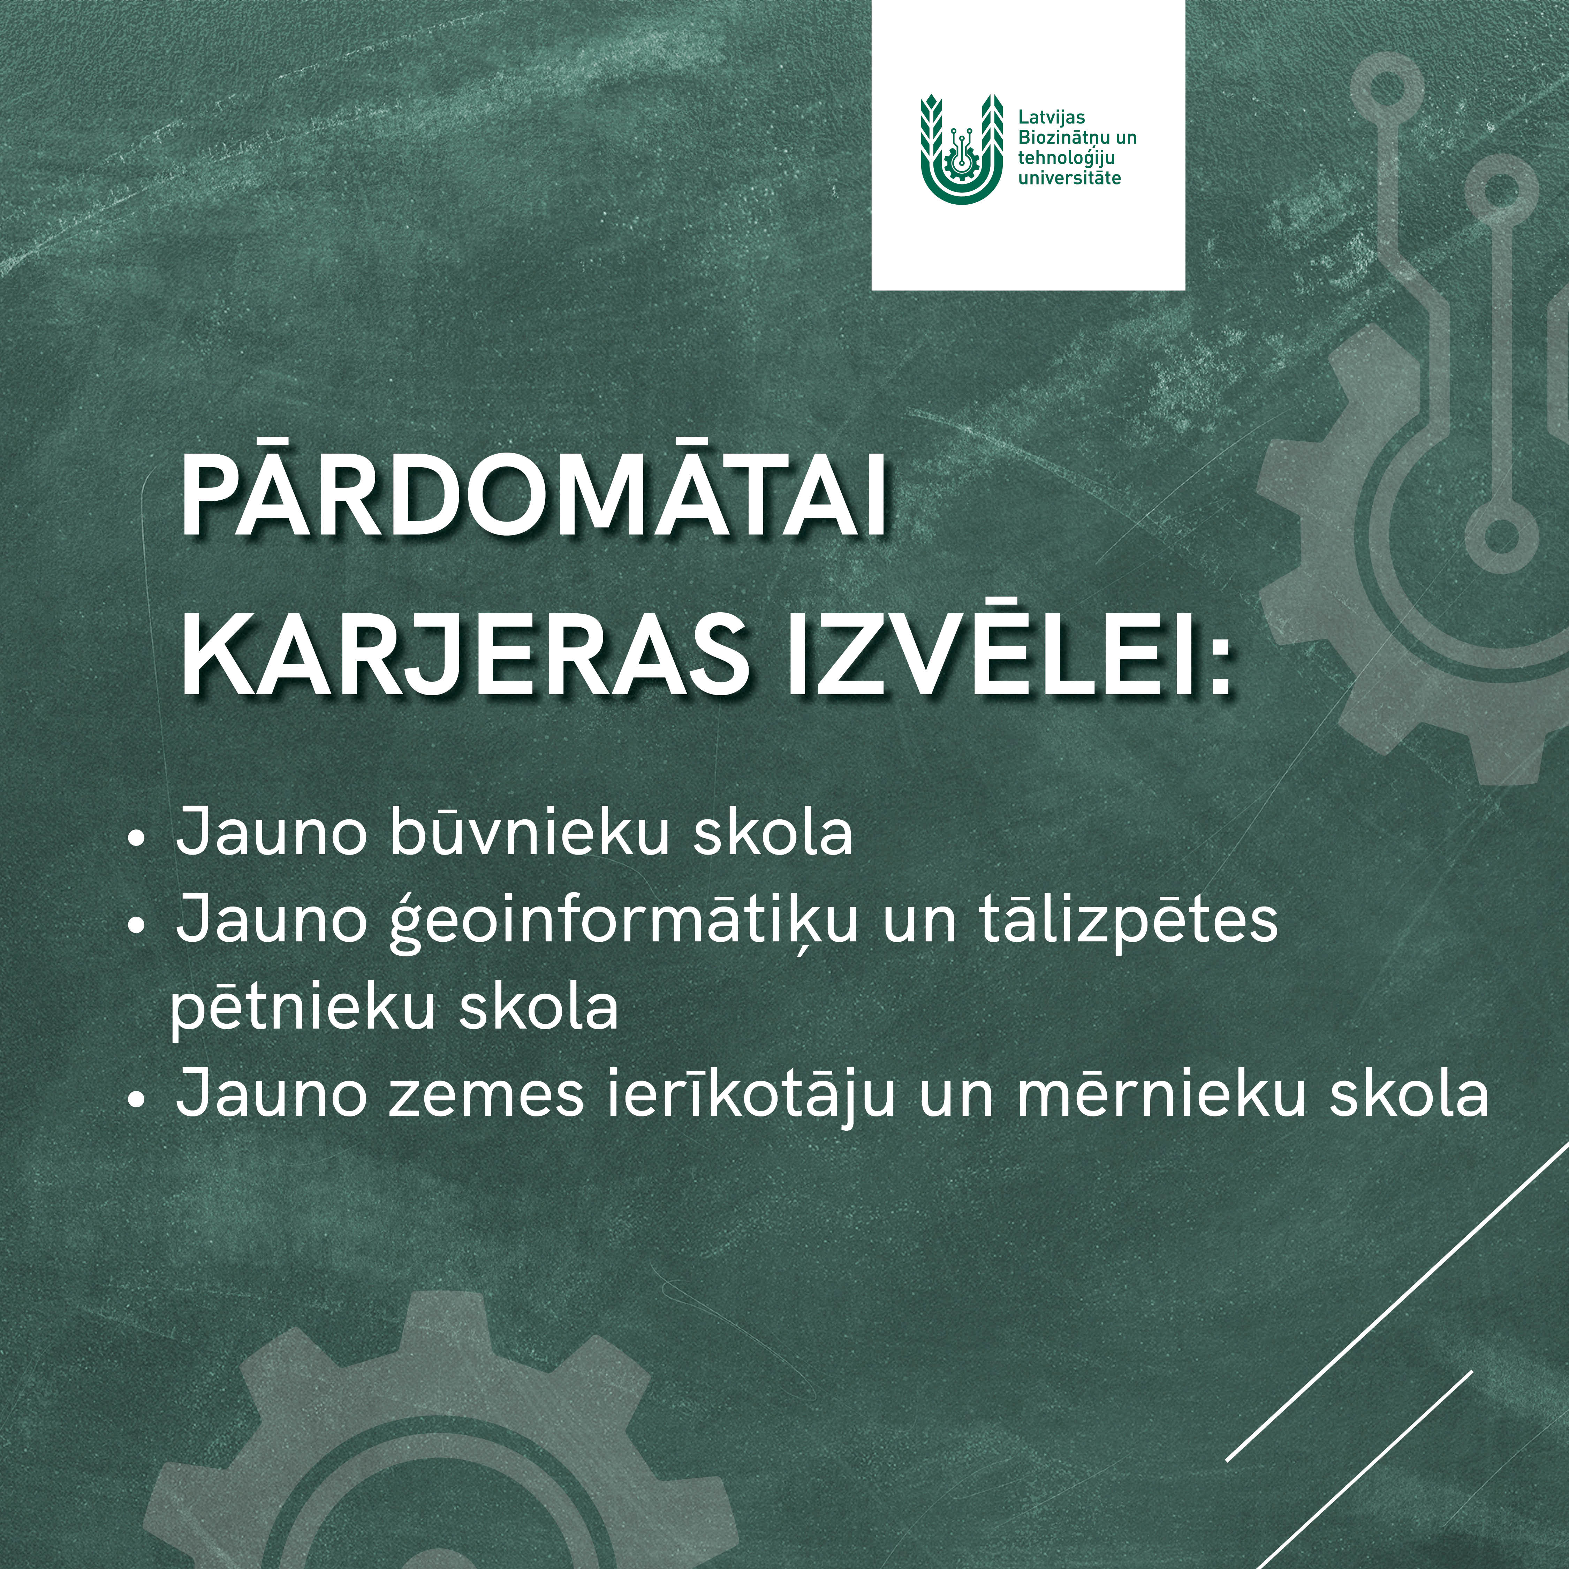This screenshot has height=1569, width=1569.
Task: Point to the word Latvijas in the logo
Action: pos(1052,118)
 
